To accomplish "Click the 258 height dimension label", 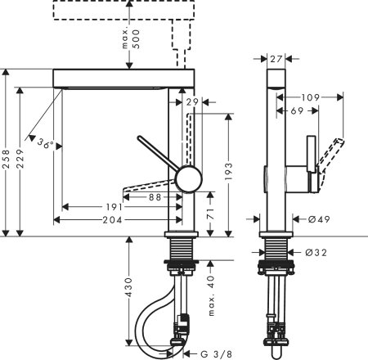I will [7, 153].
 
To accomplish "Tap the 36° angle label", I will [47, 143].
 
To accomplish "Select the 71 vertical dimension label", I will [210, 213].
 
